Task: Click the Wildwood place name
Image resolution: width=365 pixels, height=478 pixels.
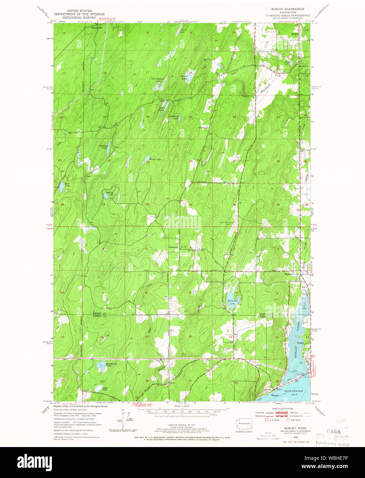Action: [x=204, y=128]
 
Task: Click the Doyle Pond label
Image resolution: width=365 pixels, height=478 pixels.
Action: [x=105, y=389]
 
